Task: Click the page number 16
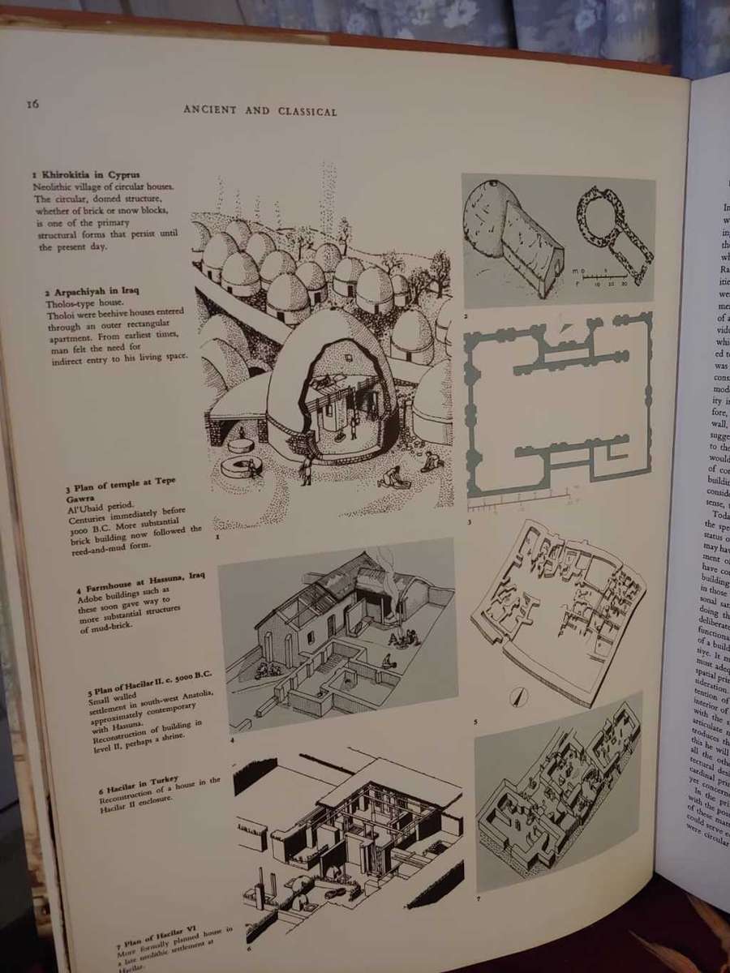(32, 103)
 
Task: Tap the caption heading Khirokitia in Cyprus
(87, 174)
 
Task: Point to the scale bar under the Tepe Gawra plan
(519, 501)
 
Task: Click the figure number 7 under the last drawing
(479, 899)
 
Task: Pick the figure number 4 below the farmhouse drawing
(232, 741)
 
